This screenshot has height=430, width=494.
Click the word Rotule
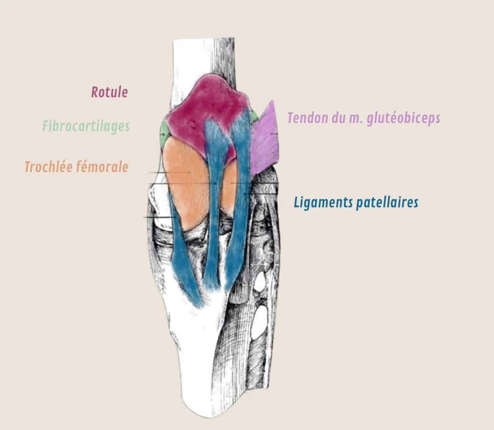[109, 92]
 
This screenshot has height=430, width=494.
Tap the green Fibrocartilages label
[86, 126]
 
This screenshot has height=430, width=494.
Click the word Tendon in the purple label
[306, 118]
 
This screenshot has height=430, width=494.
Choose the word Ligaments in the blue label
[323, 203]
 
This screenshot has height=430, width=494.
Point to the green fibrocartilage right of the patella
[255, 115]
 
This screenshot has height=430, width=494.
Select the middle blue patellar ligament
[214, 205]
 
